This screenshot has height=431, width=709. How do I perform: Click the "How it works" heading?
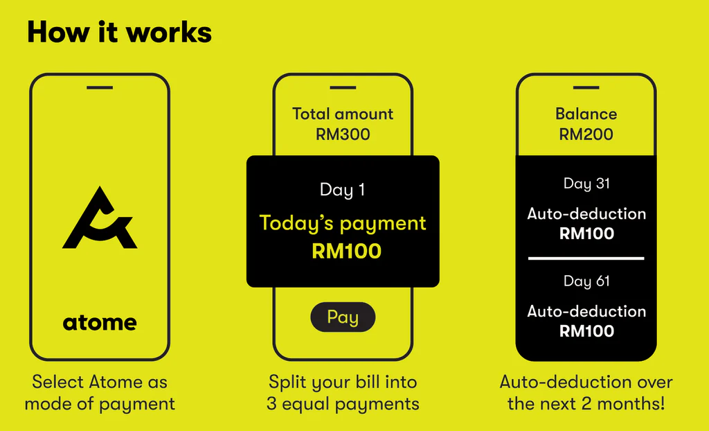pos(119,32)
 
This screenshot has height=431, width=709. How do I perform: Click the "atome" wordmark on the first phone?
pos(100,322)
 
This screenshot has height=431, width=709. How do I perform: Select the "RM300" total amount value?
pos(343,134)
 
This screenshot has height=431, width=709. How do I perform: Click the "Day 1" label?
pos(342,189)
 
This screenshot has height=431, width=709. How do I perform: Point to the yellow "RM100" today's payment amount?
pos(346,252)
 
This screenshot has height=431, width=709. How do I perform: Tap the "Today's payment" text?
pos(343,223)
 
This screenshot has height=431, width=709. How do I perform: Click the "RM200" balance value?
pos(586,134)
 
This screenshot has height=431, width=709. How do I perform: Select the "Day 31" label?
pos(586,184)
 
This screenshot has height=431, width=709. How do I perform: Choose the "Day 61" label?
pos(586,281)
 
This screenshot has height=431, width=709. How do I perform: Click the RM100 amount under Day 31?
pos(586,234)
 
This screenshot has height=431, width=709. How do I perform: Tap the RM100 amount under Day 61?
pos(586,331)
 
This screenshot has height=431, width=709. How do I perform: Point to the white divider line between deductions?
pos(586,258)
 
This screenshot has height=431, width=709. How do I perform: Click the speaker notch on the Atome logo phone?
pos(100,87)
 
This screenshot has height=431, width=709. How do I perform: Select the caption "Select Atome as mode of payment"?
pos(100,392)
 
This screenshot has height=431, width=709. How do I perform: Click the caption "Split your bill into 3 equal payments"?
pos(343,392)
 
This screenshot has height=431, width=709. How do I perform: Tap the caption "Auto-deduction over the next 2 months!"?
pos(586,392)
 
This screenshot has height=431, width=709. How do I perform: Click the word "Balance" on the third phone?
pos(586,114)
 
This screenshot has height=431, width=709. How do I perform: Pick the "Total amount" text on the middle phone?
pos(343,114)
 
